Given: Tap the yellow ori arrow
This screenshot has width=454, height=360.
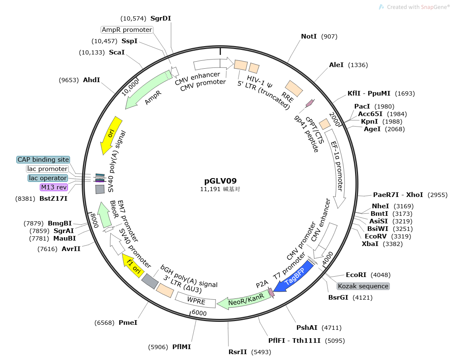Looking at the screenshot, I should pyautogui.click(x=111, y=135).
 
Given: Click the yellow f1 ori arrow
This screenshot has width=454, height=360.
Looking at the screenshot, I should pyautogui.click(x=132, y=264).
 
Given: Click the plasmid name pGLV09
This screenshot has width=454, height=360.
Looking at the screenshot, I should pyautogui.click(x=220, y=181).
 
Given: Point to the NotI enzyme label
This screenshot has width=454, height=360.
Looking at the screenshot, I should pyautogui.click(x=309, y=36).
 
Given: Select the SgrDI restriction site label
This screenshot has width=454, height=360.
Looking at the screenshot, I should pyautogui.click(x=161, y=18).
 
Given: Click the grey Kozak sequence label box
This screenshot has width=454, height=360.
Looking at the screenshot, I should pyautogui.click(x=363, y=286).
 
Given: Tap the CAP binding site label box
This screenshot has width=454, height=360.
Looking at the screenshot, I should pyautogui.click(x=43, y=160).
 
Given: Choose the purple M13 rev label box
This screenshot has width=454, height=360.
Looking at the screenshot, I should pyautogui.click(x=54, y=187).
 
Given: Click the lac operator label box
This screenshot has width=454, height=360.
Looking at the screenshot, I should pyautogui.click(x=47, y=178).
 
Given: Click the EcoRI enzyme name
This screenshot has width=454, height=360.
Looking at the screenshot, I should pyautogui.click(x=356, y=275).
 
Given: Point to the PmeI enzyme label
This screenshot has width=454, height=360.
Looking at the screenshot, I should pyautogui.click(x=128, y=323).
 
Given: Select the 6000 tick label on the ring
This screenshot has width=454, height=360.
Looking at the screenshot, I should pyautogui.click(x=199, y=313).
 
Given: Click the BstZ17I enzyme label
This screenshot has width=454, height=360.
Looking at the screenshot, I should pyautogui.click(x=53, y=198).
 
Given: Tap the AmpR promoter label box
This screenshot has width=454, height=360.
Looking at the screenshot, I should pyautogui.click(x=127, y=30).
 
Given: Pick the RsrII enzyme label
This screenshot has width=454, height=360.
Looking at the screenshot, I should pyautogui.click(x=238, y=352).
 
